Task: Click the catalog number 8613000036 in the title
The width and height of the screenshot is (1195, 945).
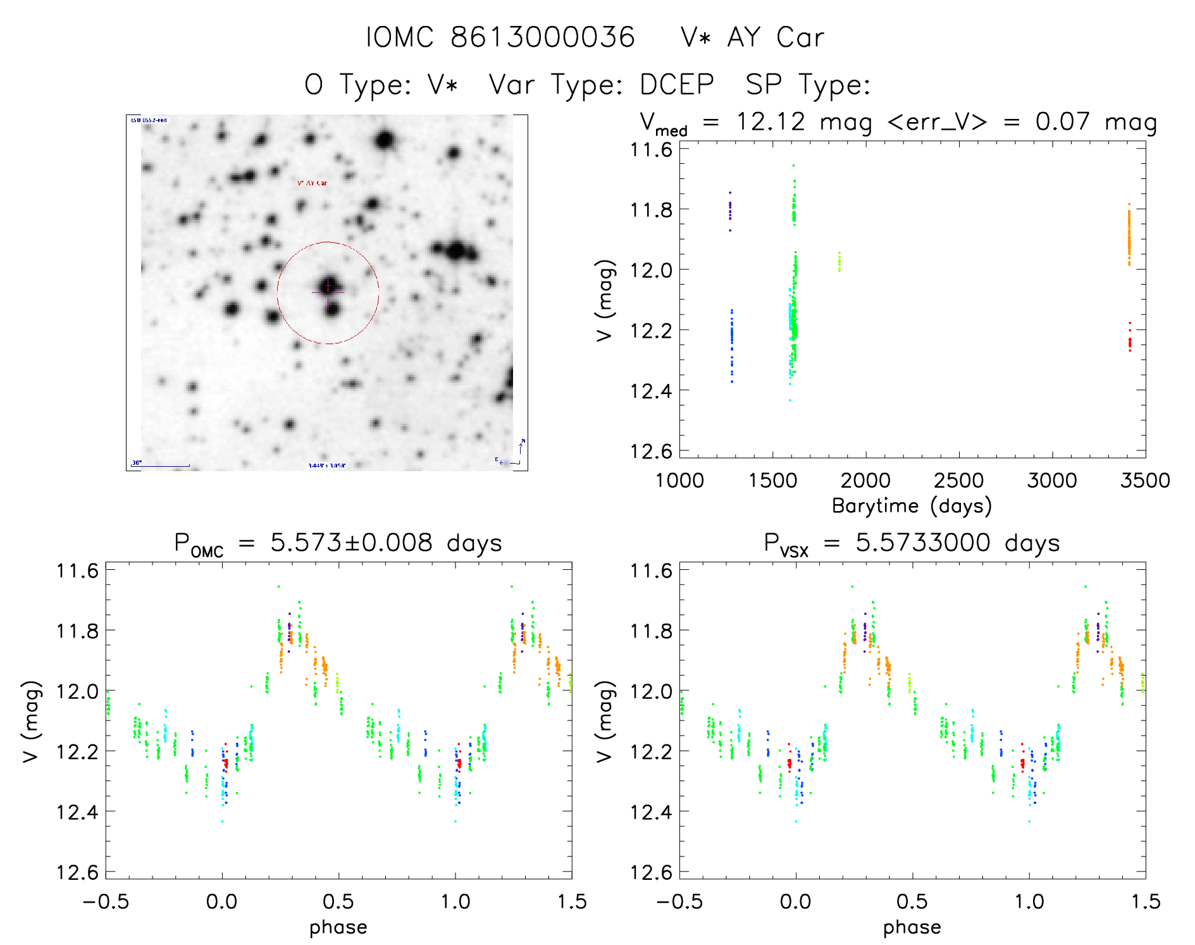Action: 542,37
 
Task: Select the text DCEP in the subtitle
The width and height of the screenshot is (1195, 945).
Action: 677,85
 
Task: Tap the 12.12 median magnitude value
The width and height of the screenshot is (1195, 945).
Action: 771,121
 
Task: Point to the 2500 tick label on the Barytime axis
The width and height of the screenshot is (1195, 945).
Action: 958,480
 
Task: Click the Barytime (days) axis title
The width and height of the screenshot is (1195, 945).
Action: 912,506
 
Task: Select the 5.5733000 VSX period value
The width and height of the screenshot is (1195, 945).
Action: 923,543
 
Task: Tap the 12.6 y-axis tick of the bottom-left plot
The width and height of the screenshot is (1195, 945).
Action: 77,872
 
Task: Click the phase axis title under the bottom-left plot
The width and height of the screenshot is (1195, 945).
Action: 338,927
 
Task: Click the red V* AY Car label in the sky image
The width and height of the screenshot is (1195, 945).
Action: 313,183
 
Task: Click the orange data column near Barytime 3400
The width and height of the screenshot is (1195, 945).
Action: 1129,234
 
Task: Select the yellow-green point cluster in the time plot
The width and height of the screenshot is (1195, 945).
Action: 839,261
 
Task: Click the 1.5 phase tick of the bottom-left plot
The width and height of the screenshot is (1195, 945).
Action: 572,901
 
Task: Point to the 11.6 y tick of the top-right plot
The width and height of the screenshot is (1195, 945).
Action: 651,149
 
